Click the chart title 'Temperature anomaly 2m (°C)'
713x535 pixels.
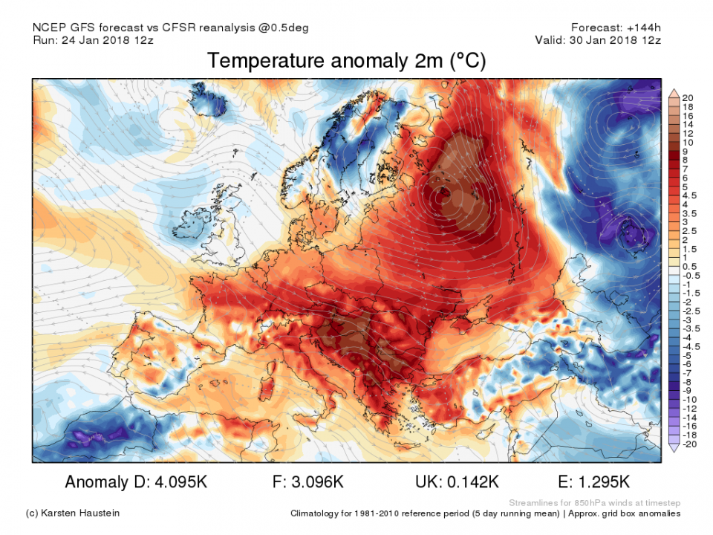click(x=346, y=61)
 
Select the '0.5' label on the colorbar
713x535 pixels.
click(x=688, y=266)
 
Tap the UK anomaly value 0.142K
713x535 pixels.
click(x=467, y=482)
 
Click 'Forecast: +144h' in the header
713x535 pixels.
click(x=616, y=27)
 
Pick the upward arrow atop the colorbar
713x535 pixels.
click(x=674, y=93)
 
